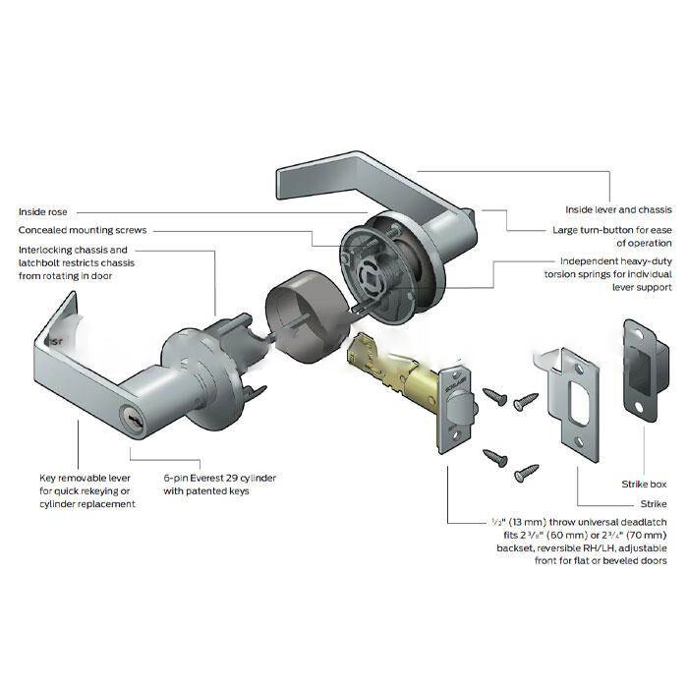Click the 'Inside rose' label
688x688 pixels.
tap(43, 212)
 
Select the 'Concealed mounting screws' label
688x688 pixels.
tap(83, 230)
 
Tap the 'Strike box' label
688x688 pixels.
tap(644, 485)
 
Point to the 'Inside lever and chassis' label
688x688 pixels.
tap(618, 209)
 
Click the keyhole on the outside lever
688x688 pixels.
tap(130, 413)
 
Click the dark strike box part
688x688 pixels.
tap(646, 371)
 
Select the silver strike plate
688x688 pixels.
tap(573, 404)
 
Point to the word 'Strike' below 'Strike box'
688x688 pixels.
tap(654, 504)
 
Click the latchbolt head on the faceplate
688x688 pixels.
tap(460, 405)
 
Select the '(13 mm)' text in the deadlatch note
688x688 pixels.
tap(525, 522)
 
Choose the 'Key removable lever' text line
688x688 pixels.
tap(86, 478)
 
